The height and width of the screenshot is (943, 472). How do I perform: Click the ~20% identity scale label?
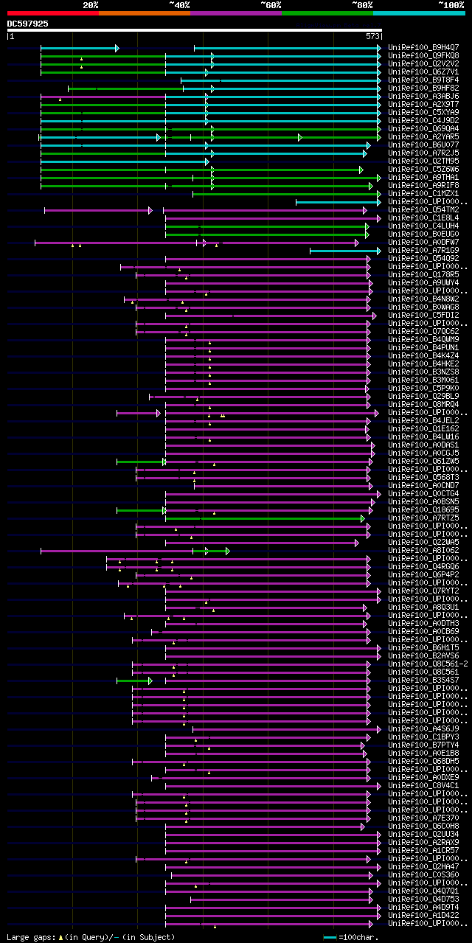pos(90,4)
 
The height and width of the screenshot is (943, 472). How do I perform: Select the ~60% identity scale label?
pos(271,4)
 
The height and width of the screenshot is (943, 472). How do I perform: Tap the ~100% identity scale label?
pos(451,4)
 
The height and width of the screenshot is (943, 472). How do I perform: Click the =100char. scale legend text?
pos(358,937)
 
